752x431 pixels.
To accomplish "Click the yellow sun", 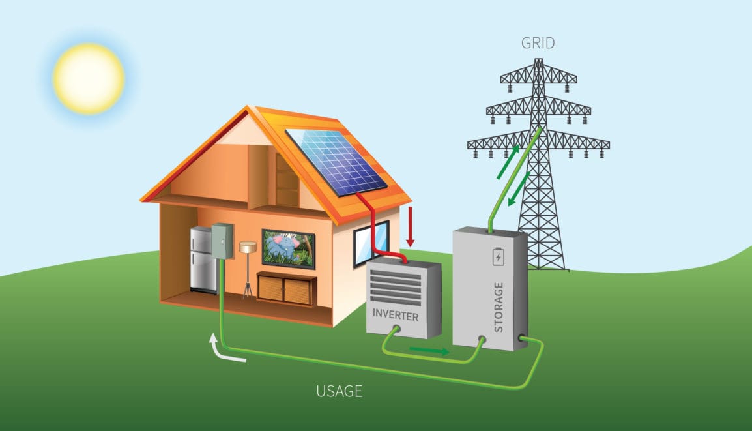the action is (x=89, y=78).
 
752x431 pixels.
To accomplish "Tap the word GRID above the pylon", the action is (x=538, y=43).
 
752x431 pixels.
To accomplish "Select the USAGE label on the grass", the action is (x=339, y=391).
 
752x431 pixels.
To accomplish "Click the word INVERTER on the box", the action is (x=395, y=315).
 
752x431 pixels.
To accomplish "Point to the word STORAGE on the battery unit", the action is (x=499, y=307).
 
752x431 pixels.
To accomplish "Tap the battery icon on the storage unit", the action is (x=499, y=256).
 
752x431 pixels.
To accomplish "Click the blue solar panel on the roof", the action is (x=337, y=162).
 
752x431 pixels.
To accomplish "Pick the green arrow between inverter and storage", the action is (x=429, y=351).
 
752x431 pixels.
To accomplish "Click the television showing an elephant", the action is (x=288, y=248).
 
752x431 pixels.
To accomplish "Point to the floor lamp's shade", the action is (x=248, y=247).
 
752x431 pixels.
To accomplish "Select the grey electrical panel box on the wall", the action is (x=222, y=241).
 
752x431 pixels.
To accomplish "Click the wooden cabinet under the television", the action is (x=286, y=288).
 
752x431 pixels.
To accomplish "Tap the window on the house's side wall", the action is (x=371, y=243).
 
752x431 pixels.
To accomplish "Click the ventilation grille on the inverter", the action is (x=395, y=287).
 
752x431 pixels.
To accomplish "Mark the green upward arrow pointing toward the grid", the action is (x=508, y=162).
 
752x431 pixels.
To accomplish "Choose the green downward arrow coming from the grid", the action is (x=519, y=188).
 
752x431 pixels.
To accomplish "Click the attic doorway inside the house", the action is (x=287, y=181).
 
